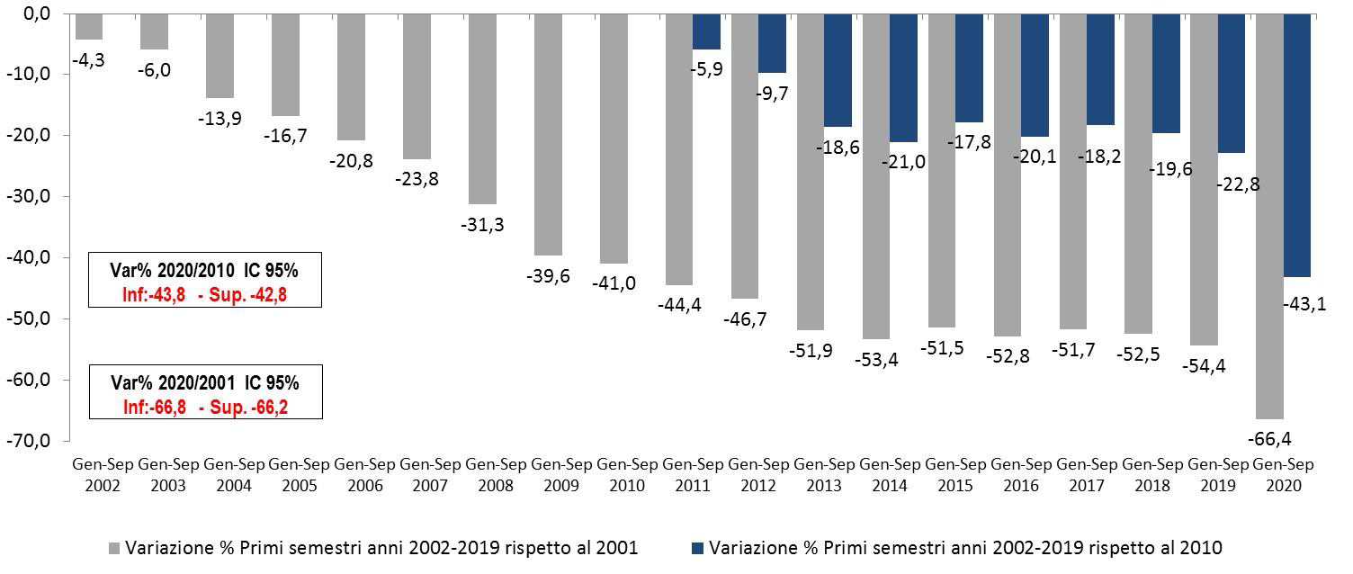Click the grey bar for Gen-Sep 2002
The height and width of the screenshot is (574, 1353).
point(89,27)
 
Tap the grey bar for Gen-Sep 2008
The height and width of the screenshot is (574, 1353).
point(483,110)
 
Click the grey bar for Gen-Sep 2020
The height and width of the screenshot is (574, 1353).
point(1269,217)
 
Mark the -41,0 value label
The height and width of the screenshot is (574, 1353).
point(614,283)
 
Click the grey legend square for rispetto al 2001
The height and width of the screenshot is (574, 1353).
point(113,548)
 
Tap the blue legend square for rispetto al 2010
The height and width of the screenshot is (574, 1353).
point(697,548)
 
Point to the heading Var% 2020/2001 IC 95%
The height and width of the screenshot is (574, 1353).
point(205,383)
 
